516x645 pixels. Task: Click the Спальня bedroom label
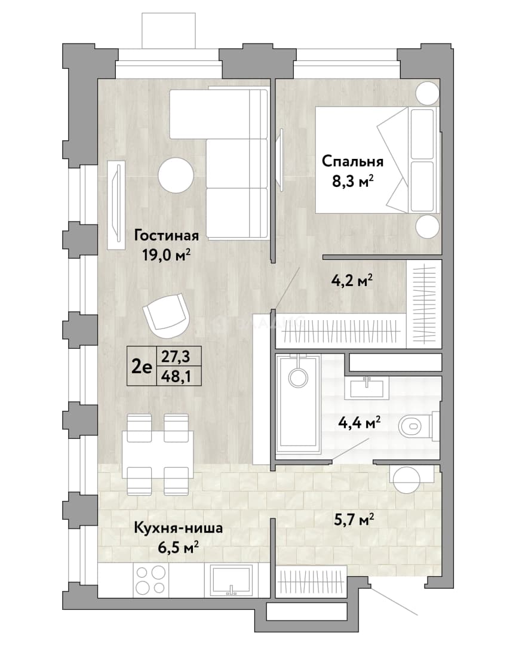coord(352,161)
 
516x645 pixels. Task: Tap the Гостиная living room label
coord(166,235)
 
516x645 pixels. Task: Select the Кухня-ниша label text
coord(178,528)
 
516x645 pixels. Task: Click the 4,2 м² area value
coord(352,281)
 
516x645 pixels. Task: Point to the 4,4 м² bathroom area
coord(359,422)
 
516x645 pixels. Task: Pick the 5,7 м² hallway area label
coord(354,520)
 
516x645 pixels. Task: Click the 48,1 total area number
coord(176,376)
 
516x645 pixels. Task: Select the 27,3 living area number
coord(176,357)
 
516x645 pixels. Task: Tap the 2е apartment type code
coord(141,367)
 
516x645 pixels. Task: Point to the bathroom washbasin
coord(367,388)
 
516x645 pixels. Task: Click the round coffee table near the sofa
coord(176,176)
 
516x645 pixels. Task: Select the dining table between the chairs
coord(158,454)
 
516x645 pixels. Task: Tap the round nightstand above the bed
coord(427,93)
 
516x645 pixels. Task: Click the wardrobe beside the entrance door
coord(311,582)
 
